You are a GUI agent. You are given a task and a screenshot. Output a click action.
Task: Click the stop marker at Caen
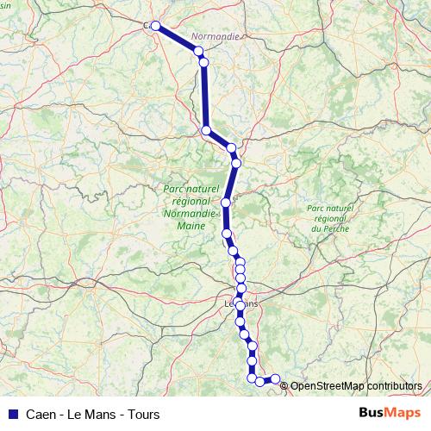coord(156,26)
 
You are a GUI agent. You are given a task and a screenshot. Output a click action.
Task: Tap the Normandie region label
coord(215,36)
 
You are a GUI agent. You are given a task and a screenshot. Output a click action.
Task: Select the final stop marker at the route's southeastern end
coord(276,378)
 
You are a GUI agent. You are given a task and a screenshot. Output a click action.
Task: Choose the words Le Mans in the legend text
coord(93,414)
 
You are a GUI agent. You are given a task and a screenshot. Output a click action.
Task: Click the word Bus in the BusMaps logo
coord(373,413)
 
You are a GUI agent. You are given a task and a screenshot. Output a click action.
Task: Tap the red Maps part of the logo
coord(402,413)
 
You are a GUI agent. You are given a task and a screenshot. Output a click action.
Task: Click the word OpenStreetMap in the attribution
coord(329,386)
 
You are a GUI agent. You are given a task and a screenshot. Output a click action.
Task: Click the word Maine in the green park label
coord(191,225)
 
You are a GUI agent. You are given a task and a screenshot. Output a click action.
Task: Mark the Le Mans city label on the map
coord(240,303)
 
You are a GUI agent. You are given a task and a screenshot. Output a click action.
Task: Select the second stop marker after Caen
coord(203,62)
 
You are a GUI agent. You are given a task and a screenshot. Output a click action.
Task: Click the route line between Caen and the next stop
coord(178,39)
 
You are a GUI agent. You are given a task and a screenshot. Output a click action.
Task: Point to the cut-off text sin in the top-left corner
coord(5,4)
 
